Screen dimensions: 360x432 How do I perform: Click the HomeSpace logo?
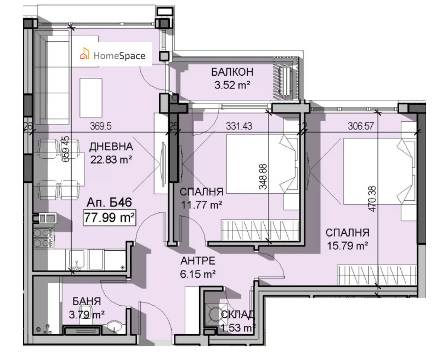click(x=113, y=55)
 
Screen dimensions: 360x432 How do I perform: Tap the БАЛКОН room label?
click(x=232, y=72)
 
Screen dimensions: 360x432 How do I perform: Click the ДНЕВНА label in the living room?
click(x=111, y=147)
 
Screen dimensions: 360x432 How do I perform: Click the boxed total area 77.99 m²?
click(x=110, y=217)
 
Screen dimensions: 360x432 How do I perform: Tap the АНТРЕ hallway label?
click(x=198, y=260)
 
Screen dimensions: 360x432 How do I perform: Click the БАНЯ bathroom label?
click(x=87, y=301)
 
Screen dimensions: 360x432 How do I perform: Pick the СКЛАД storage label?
click(x=238, y=314)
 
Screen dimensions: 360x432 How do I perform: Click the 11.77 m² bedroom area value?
click(x=201, y=205)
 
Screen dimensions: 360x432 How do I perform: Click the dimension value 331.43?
click(x=239, y=126)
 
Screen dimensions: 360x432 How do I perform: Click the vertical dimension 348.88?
click(x=263, y=175)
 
